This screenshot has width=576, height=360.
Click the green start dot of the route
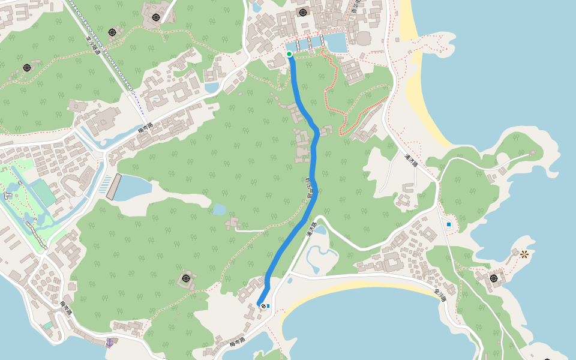point(289,54)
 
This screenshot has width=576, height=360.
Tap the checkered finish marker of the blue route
point(263,306)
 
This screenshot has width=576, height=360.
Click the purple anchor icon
point(110,342)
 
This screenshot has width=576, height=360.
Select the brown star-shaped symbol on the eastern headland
point(524,254)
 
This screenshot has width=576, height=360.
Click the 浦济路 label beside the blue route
point(311,230)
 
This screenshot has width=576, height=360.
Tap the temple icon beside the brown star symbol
point(494,278)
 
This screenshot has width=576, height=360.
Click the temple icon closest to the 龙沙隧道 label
point(112,32)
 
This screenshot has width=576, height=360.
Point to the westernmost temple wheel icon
point(27,68)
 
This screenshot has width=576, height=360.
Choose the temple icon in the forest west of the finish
point(187,278)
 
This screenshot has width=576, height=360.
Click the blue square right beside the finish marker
point(268,306)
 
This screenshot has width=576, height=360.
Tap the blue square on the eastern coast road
point(449,224)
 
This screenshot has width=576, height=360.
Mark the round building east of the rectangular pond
point(364,38)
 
